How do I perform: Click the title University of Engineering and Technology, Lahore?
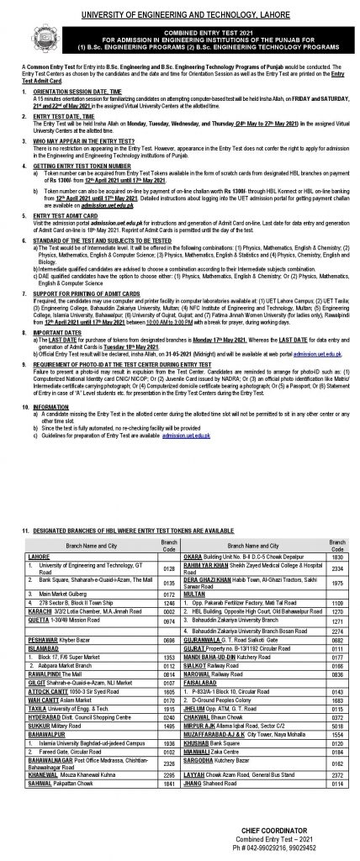click(x=180, y=6)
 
